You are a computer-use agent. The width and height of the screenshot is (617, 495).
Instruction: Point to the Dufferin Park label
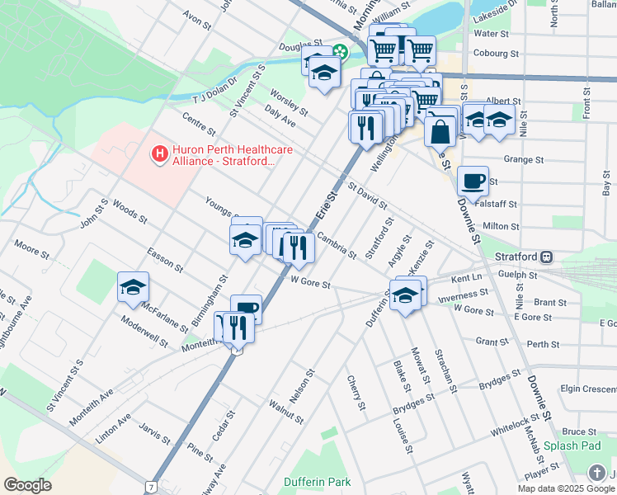(x=318, y=482)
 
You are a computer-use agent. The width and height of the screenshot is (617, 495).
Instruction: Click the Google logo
(x=27, y=485)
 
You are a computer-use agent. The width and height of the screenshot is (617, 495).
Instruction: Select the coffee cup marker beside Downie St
(x=473, y=181)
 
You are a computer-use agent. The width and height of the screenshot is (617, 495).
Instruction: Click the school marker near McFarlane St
(x=132, y=287)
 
